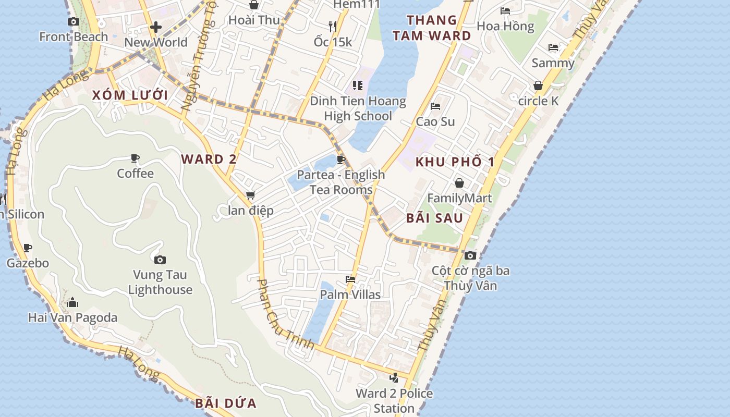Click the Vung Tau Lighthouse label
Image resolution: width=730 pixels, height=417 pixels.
[160, 282]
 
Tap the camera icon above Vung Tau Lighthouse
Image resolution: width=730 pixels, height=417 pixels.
[160, 259]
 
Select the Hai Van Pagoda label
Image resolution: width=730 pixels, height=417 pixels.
[72, 317]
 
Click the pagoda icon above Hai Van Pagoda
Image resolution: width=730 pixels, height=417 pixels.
[72, 302]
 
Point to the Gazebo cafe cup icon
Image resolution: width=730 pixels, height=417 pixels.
[28, 248]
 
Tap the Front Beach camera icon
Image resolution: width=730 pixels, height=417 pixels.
[74, 21]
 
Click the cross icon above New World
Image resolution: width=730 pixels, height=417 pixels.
[155, 27]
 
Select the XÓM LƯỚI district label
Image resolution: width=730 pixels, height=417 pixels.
[130, 95]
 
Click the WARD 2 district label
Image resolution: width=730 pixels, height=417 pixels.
[209, 160]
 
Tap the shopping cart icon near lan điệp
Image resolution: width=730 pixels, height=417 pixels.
[250, 195]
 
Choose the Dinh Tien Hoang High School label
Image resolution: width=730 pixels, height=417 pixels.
[358, 108]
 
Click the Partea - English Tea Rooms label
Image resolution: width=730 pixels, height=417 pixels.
[341, 182]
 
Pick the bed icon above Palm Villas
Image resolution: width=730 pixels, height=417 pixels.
[350, 279]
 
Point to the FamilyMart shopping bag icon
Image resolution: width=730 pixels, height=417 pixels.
[459, 183]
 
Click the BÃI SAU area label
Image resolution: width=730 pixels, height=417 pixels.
[434, 218]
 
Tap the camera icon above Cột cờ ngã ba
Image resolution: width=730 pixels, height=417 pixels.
[470, 255]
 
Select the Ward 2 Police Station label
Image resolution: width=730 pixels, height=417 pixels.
[394, 400]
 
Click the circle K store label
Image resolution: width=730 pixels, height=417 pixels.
[538, 101]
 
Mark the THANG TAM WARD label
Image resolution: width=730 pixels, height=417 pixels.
[432, 28]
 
